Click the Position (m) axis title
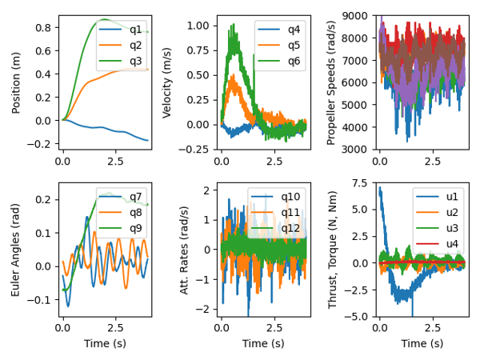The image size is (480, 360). click(x=18, y=82)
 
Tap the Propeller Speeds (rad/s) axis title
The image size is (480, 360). click(x=332, y=82)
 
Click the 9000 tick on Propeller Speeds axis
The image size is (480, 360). click(x=358, y=15)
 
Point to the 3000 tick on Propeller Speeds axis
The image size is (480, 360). click(x=358, y=149)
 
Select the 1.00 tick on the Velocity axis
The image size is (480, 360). click(x=198, y=26)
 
